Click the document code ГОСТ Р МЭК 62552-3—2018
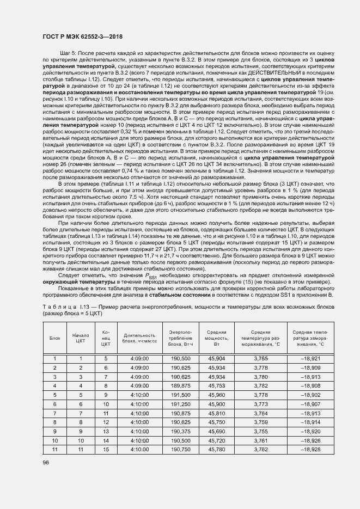point(82,36)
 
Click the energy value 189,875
point(180,385)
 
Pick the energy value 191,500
point(180,395)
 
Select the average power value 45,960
point(217,395)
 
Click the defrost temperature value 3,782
point(261,385)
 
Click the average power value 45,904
point(217,358)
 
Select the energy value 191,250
point(180,404)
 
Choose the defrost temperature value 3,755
point(261,431)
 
